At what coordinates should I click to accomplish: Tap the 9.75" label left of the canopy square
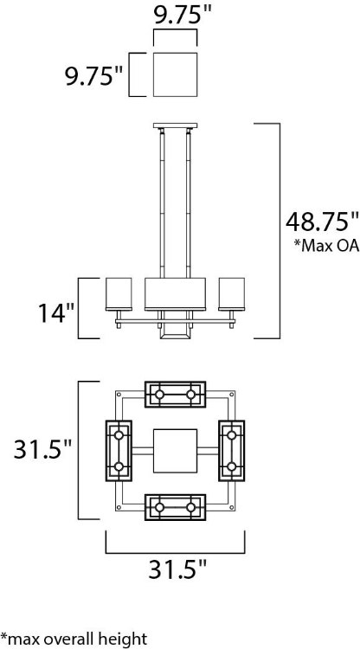click(x=94, y=76)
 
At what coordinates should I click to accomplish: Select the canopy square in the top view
click(x=175, y=74)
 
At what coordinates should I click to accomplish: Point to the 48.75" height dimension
click(x=322, y=222)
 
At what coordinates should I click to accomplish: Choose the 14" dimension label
click(x=54, y=312)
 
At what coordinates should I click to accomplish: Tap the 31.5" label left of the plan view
click(x=42, y=449)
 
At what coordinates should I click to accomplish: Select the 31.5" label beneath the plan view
click(x=177, y=571)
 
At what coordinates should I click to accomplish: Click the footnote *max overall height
click(x=74, y=639)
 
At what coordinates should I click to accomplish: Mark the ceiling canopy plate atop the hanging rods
click(x=175, y=125)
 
